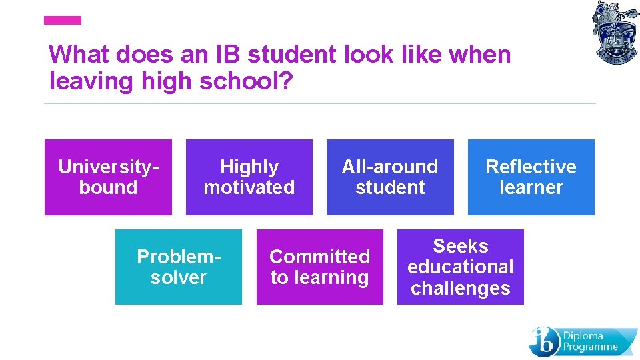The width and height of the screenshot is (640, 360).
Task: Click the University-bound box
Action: (108, 177)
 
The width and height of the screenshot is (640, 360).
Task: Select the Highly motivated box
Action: (249, 177)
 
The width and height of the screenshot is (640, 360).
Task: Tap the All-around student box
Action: (390, 177)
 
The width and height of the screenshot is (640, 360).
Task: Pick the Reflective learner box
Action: (531, 177)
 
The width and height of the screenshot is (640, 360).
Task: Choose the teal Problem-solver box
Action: (178, 267)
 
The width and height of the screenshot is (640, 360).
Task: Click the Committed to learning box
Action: (319, 267)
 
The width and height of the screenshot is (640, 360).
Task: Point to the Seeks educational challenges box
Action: (460, 267)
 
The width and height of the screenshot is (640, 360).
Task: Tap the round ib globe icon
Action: (543, 341)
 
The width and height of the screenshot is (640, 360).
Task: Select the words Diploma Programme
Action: (591, 341)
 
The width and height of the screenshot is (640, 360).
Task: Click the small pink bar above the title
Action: (62, 21)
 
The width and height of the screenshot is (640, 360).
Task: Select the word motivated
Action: (249, 187)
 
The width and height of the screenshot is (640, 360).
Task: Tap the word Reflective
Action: (531, 166)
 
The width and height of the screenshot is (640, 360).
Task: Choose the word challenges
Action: (460, 288)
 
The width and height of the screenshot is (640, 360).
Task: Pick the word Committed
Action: (319, 256)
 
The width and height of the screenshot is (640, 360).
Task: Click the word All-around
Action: (390, 166)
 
